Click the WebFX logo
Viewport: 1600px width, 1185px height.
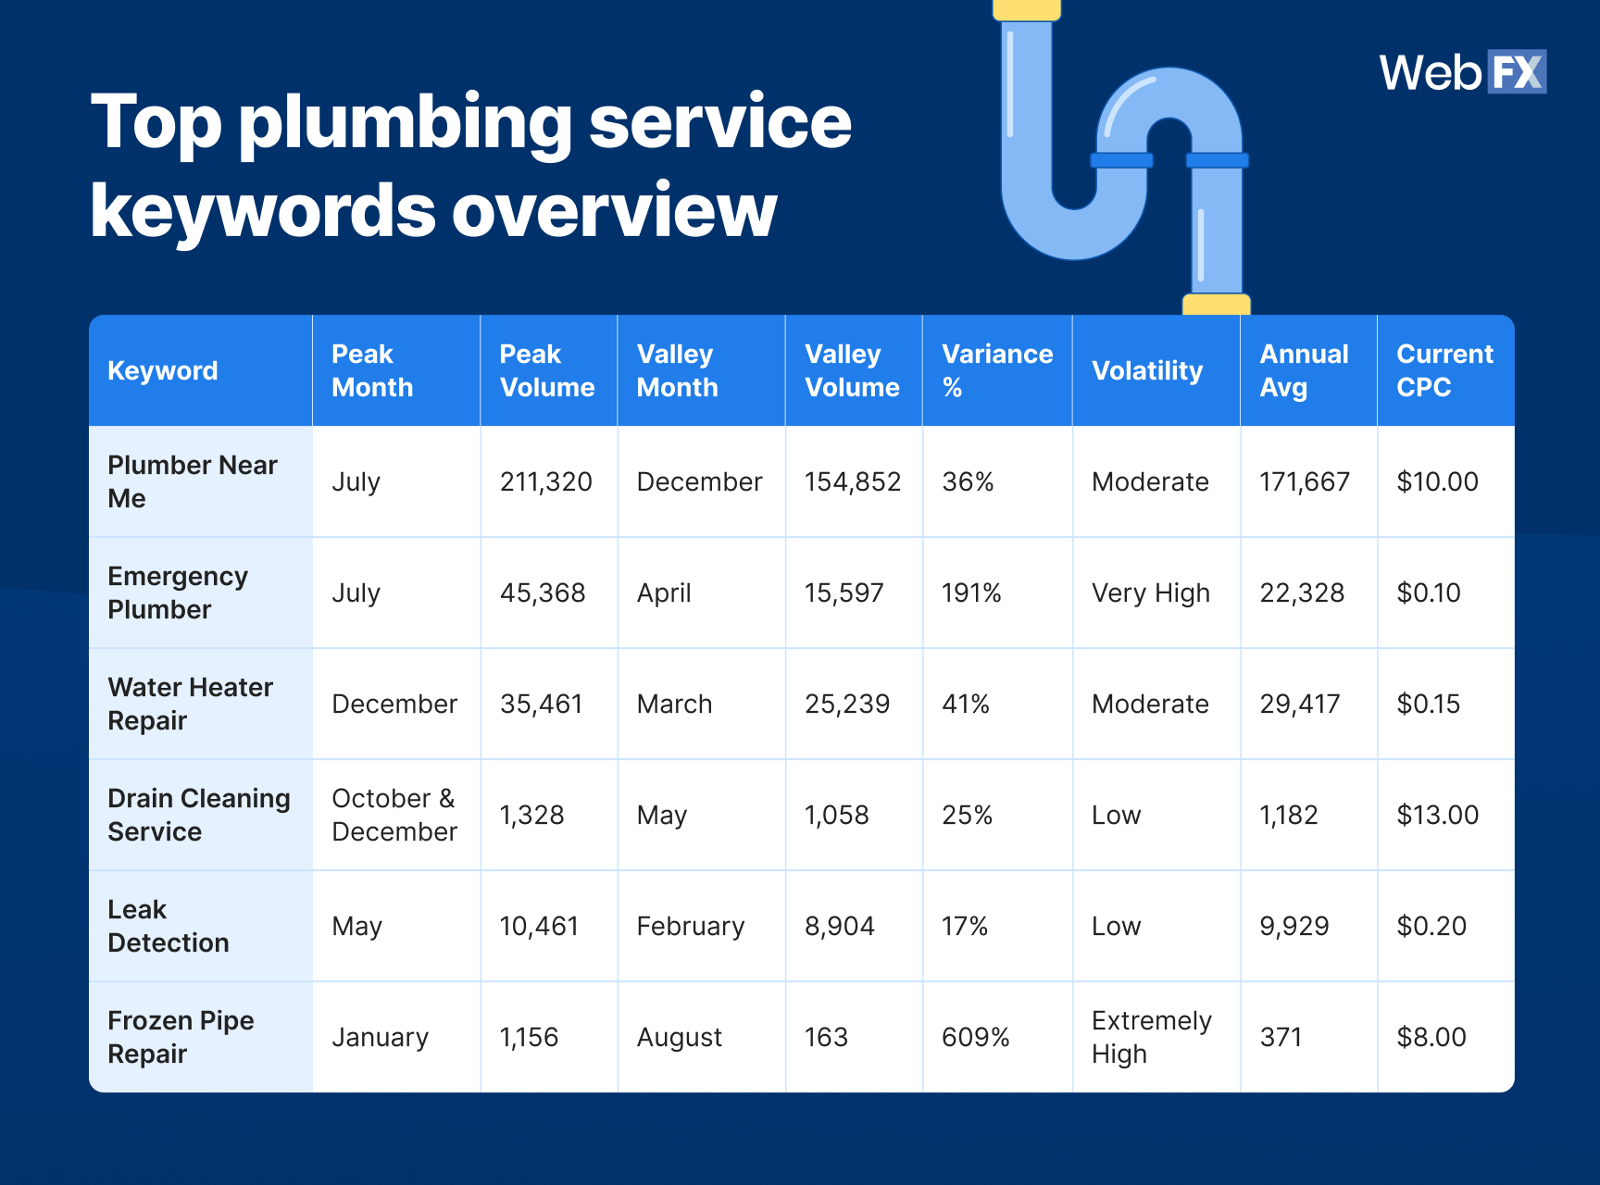click(x=1462, y=72)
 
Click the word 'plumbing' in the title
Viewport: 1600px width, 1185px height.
click(x=406, y=123)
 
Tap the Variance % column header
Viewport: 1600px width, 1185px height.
click(x=996, y=370)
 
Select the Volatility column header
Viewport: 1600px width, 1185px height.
click(x=1147, y=371)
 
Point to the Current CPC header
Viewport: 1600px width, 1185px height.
click(x=1444, y=370)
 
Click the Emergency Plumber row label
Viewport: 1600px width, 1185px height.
click(x=178, y=592)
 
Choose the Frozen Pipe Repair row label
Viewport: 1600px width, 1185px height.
click(x=181, y=1037)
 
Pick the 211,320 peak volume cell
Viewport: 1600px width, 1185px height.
click(x=545, y=482)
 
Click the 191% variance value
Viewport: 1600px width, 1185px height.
click(x=971, y=593)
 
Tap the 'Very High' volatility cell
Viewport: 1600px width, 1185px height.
click(x=1150, y=593)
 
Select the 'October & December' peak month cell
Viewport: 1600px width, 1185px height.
click(x=394, y=815)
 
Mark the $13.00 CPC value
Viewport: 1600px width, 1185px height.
click(x=1437, y=816)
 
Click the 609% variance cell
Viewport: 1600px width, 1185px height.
click(x=975, y=1038)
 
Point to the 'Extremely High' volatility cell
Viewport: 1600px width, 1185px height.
click(x=1151, y=1037)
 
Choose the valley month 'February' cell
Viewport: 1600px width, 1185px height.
click(x=690, y=927)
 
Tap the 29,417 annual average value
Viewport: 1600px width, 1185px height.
click(x=1299, y=705)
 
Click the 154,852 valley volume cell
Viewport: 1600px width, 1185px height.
click(x=852, y=482)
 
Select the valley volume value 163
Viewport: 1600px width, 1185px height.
click(x=826, y=1038)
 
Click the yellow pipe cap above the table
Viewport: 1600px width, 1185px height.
click(x=1216, y=305)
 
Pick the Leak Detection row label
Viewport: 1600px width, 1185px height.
click(x=168, y=926)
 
